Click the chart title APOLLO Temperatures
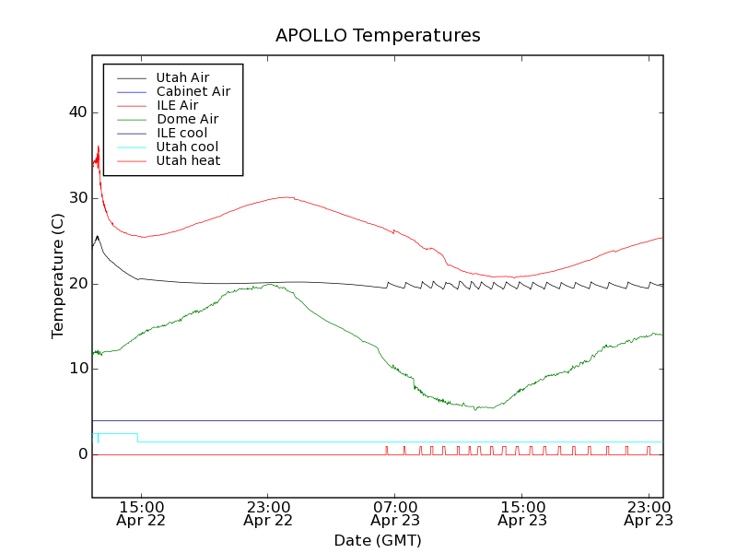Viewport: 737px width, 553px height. (378, 36)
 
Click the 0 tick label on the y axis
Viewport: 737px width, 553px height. (82, 454)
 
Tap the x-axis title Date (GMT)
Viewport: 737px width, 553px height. (378, 540)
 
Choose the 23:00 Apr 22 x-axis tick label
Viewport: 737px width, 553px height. (268, 512)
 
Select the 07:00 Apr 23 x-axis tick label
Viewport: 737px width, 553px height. (394, 512)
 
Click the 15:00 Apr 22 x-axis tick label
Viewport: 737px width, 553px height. (141, 512)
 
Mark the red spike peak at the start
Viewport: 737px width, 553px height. (98, 146)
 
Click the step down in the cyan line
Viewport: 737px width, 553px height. (137, 437)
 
